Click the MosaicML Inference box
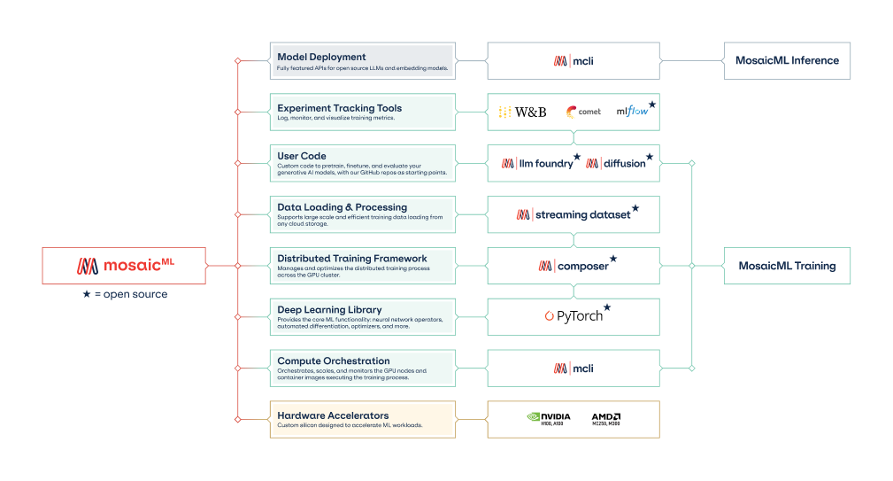[787, 61]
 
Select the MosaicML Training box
[787, 266]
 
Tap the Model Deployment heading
[321, 57]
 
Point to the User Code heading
[302, 156]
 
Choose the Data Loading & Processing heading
[342, 207]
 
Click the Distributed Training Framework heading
[351, 259]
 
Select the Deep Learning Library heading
[329, 310]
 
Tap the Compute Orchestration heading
[333, 361]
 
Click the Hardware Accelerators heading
[333, 415]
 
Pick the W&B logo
[522, 112]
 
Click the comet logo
[583, 112]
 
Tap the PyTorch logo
[574, 315]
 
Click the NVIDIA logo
[548, 418]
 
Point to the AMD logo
[606, 418]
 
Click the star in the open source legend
[86, 294]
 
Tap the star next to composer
[613, 259]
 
